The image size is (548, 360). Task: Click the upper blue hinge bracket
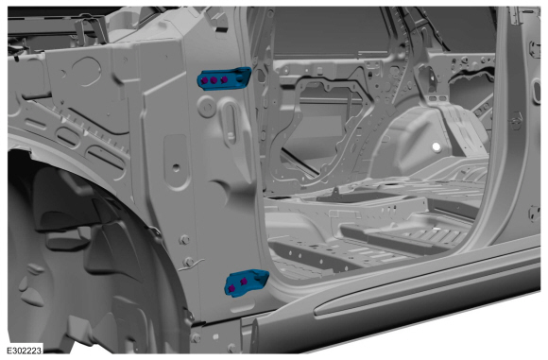(x=224, y=78)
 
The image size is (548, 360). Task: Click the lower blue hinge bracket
(x=246, y=283)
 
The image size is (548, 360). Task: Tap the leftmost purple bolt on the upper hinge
(x=204, y=80)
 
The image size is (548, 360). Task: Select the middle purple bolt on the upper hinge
(x=214, y=80)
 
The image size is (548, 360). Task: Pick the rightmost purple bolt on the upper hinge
(x=224, y=79)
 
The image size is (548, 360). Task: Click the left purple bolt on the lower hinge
(x=231, y=288)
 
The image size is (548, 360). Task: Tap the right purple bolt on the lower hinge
(x=243, y=281)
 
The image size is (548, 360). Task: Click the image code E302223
(x=25, y=351)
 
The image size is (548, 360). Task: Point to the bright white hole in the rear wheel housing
(x=437, y=147)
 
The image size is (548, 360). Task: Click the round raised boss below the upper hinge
(x=207, y=106)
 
